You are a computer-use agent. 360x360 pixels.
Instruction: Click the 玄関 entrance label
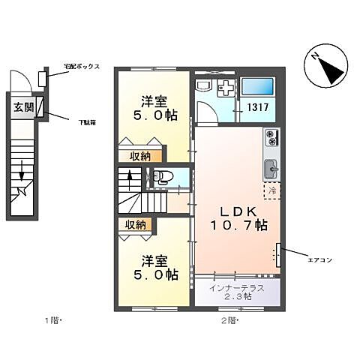pyautogui.click(x=22, y=107)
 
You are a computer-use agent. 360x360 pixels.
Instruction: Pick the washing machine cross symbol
pyautogui.click(x=224, y=89)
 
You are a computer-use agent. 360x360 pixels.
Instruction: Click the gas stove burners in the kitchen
pyautogui.click(x=271, y=138)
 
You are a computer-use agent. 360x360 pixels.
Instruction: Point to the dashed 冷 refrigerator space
pyautogui.click(x=272, y=190)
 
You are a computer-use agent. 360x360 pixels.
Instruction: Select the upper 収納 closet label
pyautogui.click(x=141, y=156)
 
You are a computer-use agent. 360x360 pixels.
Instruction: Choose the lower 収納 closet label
pyautogui.click(x=135, y=224)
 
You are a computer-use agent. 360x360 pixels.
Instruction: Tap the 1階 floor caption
pyautogui.click(x=52, y=320)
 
